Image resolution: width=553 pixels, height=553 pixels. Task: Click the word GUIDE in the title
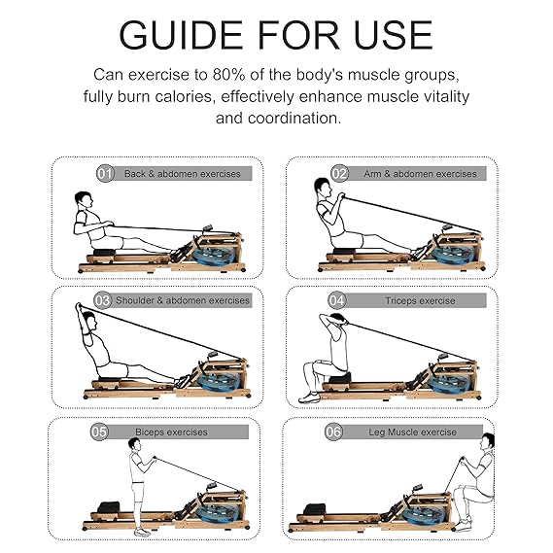coord(181,35)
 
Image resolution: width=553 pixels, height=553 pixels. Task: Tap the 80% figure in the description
coord(228,75)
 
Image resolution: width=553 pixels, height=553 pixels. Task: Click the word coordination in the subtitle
coord(294,119)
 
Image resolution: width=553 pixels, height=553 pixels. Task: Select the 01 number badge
coord(105,174)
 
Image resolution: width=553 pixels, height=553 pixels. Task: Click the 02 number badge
coord(339,174)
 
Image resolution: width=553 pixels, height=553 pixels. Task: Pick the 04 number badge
coord(337,300)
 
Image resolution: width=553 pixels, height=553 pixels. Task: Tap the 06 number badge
coord(333,432)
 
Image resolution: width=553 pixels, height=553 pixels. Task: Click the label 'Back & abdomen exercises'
coord(183,174)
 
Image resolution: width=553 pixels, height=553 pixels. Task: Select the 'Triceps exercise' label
coord(420,301)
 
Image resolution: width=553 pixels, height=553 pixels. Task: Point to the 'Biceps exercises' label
coord(171,432)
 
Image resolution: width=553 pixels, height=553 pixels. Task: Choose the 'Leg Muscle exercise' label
coord(413,432)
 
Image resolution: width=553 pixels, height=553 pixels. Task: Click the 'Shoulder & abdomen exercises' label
coord(183,300)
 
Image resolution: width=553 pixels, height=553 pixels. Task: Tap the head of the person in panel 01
coord(84,200)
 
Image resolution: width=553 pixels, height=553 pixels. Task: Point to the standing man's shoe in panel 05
coord(142,532)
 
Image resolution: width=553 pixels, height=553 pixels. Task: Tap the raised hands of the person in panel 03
coord(79,307)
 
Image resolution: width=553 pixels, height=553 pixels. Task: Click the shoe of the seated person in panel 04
coord(309,397)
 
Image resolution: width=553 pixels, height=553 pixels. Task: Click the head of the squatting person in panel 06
coord(488,441)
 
